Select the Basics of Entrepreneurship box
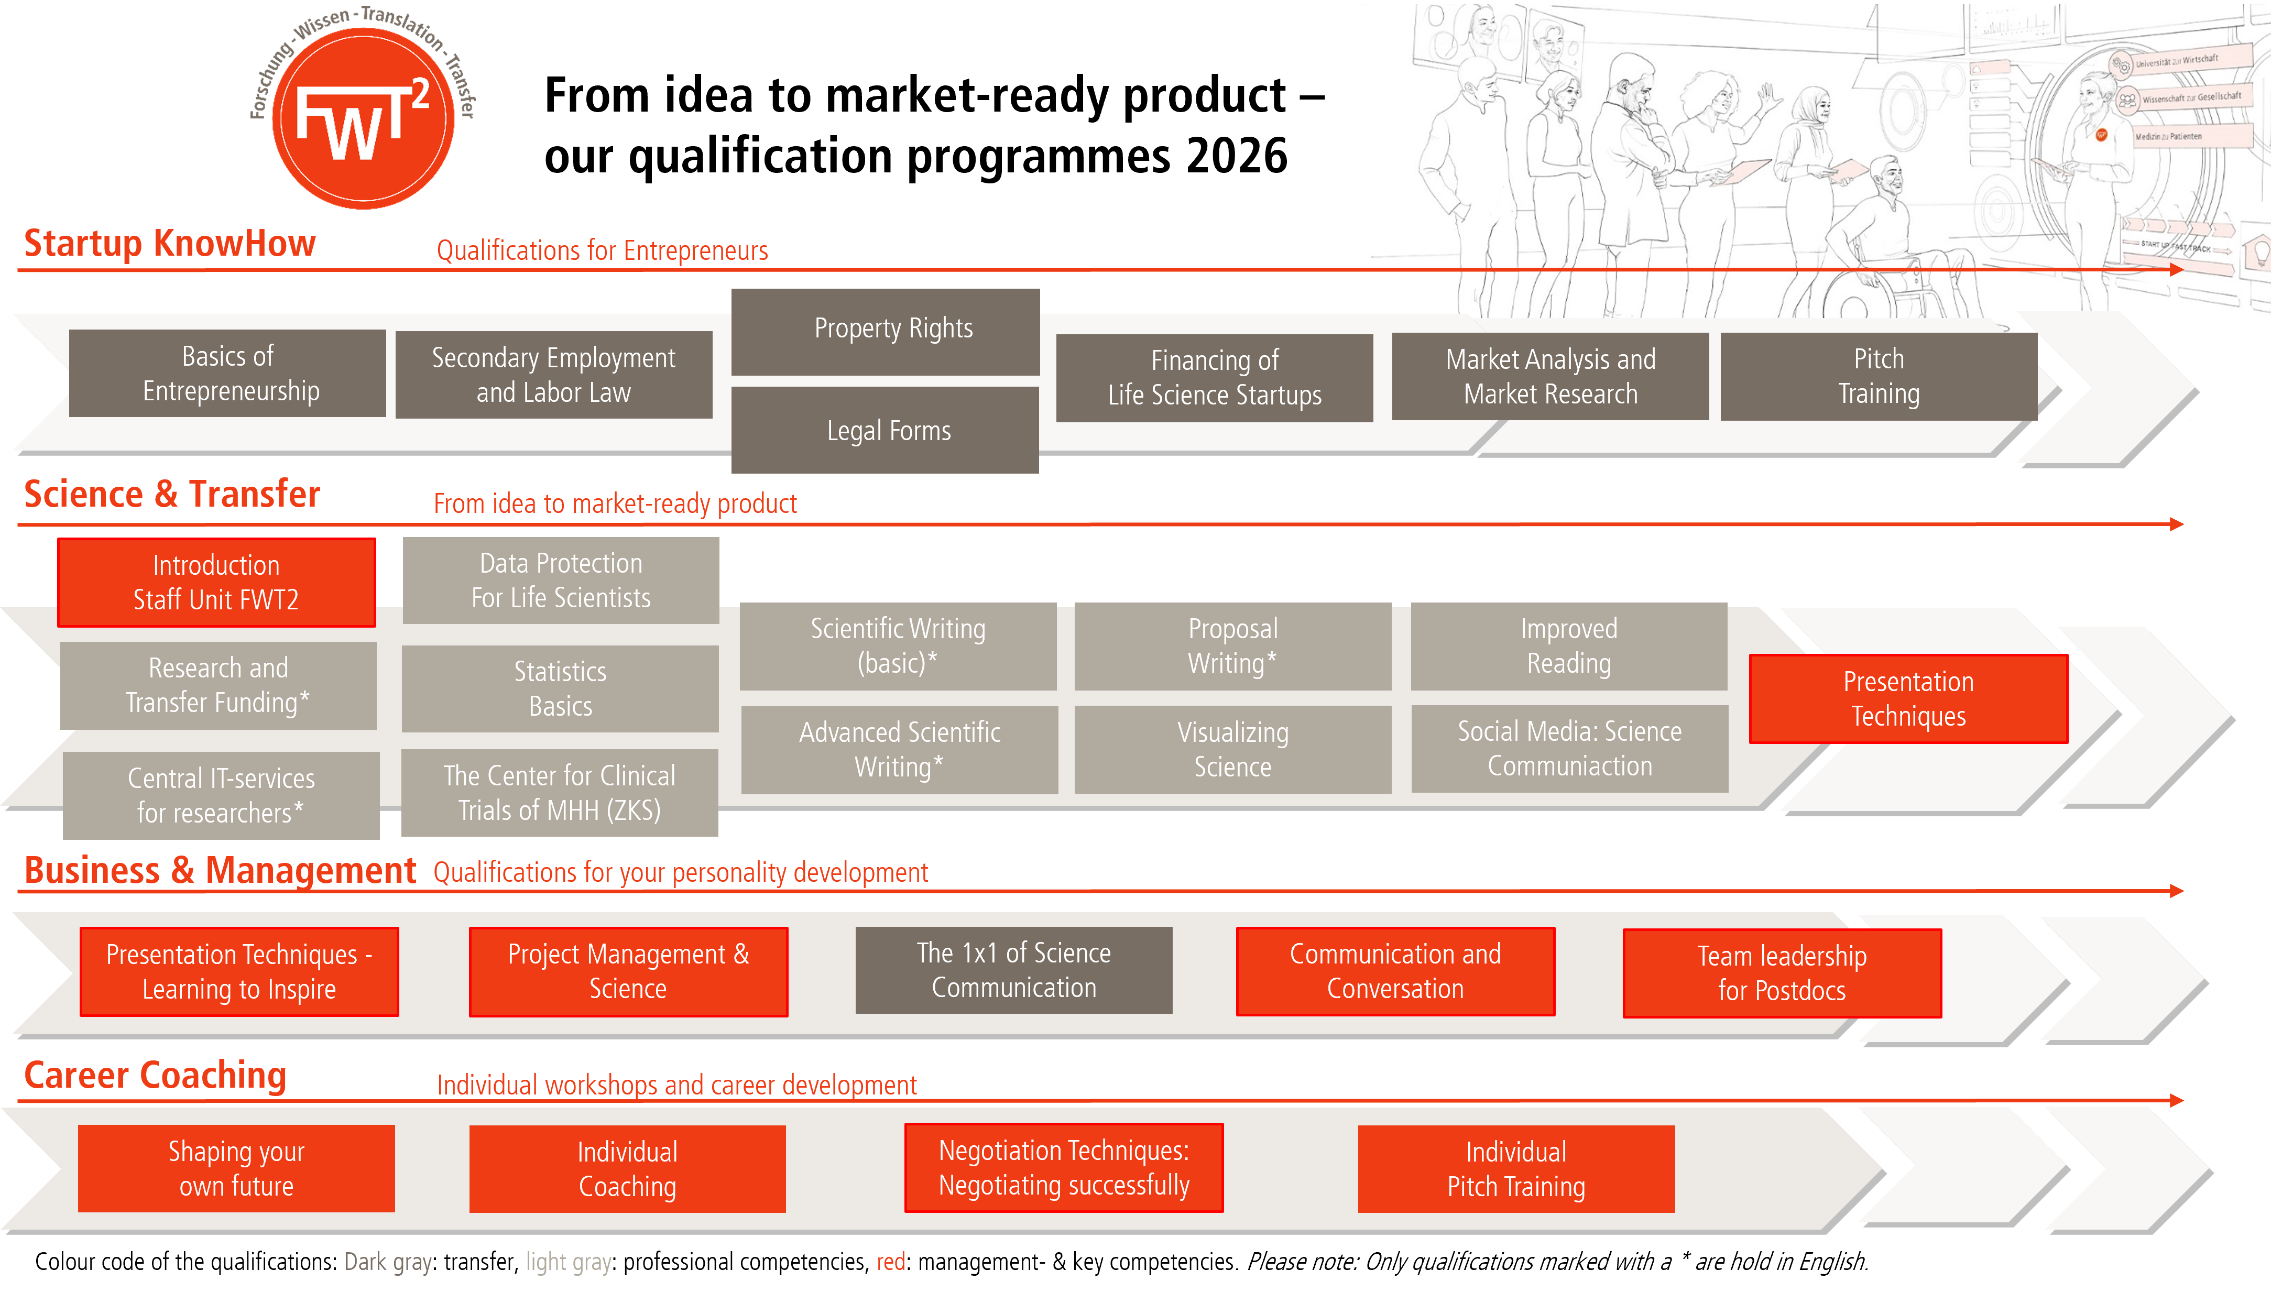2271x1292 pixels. [x=227, y=374]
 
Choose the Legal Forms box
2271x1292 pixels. [x=885, y=430]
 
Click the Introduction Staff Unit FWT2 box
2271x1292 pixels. [x=216, y=582]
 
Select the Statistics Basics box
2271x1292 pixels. [x=560, y=688]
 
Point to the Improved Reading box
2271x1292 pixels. [x=1568, y=646]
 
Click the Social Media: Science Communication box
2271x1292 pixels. [x=1569, y=748]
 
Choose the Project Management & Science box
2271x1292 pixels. [x=628, y=972]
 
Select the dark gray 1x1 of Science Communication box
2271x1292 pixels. [x=1013, y=970]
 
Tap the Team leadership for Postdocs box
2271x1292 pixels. [x=1782, y=973]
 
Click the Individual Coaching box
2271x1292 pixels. [x=627, y=1169]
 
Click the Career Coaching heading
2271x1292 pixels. [x=155, y=1076]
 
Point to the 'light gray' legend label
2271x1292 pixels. [x=568, y=1262]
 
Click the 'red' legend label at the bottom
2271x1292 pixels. [x=891, y=1262]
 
